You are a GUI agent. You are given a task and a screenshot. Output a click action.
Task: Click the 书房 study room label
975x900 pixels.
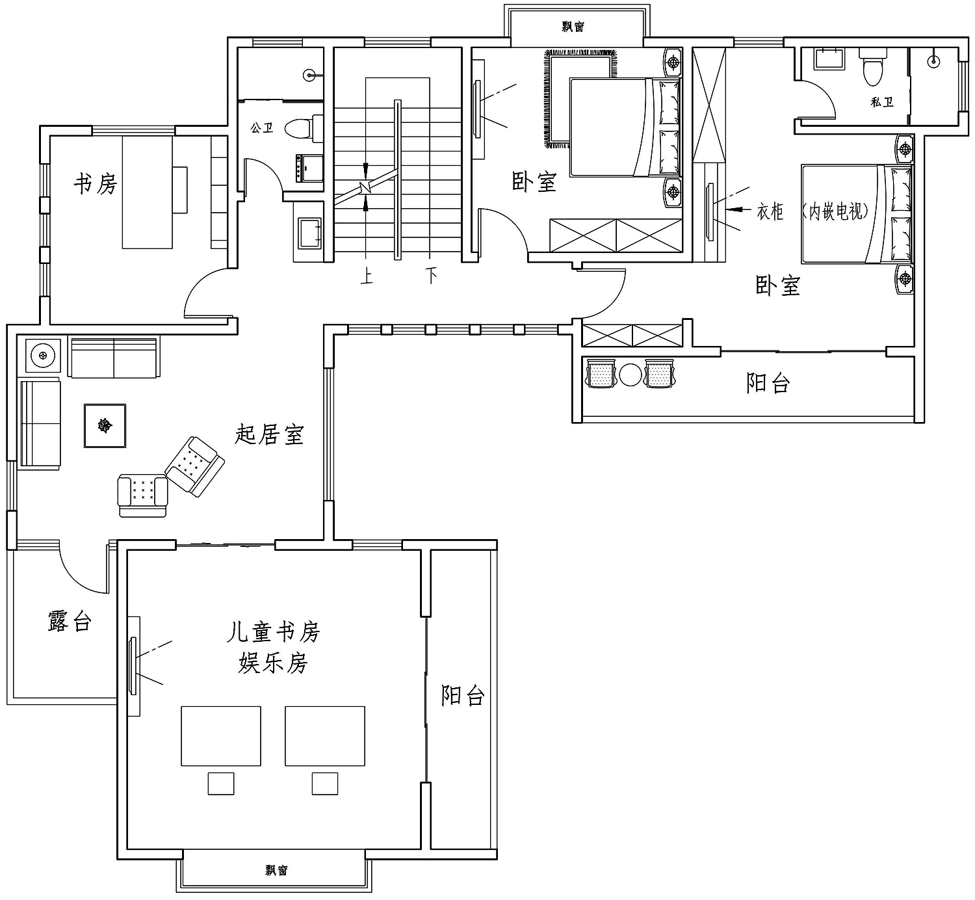pyautogui.click(x=96, y=184)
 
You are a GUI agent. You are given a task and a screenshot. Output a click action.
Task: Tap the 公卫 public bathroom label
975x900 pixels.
pyautogui.click(x=262, y=128)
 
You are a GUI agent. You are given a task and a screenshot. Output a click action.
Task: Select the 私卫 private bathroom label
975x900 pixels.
pyautogui.click(x=881, y=102)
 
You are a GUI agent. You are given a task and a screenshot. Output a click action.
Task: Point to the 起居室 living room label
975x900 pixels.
pyautogui.click(x=269, y=434)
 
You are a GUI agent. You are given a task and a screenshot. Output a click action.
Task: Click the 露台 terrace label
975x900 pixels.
pyautogui.click(x=70, y=621)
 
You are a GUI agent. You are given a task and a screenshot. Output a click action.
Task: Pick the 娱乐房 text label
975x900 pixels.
pyautogui.click(x=273, y=663)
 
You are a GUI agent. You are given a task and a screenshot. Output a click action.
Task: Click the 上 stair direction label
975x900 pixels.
pyautogui.click(x=367, y=276)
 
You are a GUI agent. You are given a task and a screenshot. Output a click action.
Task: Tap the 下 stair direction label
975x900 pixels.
pyautogui.click(x=432, y=275)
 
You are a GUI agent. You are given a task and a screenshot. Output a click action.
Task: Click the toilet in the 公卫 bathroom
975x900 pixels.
pyautogui.click(x=304, y=128)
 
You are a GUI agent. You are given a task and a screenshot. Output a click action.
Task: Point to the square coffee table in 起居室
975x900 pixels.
pyautogui.click(x=105, y=425)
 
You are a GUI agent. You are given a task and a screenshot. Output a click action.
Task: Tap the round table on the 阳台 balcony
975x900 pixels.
pyautogui.click(x=630, y=375)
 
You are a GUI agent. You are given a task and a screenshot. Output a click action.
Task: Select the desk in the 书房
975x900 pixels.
pyautogui.click(x=148, y=192)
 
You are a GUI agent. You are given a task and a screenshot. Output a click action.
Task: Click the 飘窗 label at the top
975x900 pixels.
pyautogui.click(x=573, y=27)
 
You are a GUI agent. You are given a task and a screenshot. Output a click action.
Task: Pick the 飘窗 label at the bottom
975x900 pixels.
pyautogui.click(x=276, y=871)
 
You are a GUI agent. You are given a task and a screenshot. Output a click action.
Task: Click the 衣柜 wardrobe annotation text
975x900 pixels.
pyautogui.click(x=770, y=212)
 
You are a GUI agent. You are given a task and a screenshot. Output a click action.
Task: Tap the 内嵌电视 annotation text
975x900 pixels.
pyautogui.click(x=835, y=211)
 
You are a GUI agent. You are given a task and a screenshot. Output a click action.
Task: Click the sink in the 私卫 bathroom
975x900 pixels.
pyautogui.click(x=829, y=59)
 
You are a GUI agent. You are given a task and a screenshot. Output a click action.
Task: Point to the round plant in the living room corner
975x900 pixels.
pyautogui.click(x=43, y=355)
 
